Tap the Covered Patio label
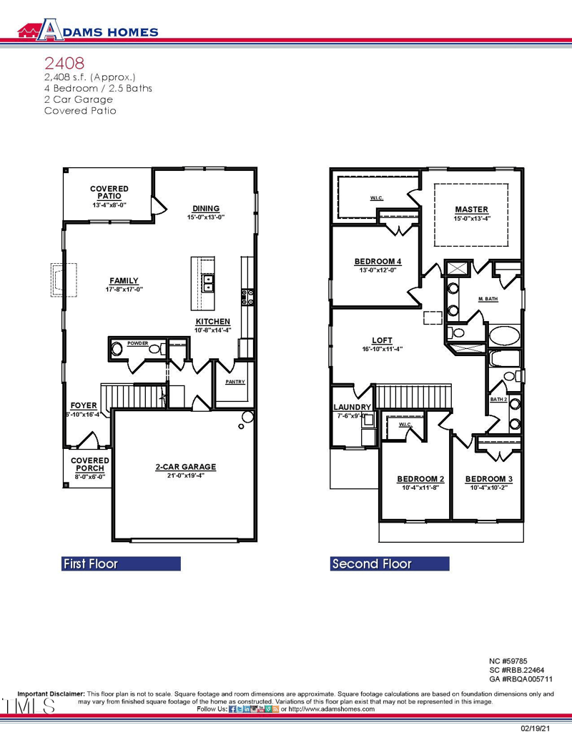click(x=109, y=192)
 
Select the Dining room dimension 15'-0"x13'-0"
click(x=206, y=217)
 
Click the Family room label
click(x=124, y=281)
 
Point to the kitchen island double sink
click(x=208, y=285)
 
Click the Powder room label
click(x=137, y=343)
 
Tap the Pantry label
click(x=235, y=382)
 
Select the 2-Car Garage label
click(x=185, y=467)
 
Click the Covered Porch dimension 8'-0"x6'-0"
click(x=90, y=476)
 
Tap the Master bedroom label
click(x=471, y=209)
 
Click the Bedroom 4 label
click(x=378, y=262)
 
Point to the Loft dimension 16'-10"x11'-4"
click(x=383, y=349)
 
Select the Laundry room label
click(x=353, y=408)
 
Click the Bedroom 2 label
click(x=420, y=479)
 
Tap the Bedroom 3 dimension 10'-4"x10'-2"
click(x=489, y=487)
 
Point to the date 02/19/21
click(x=536, y=729)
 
